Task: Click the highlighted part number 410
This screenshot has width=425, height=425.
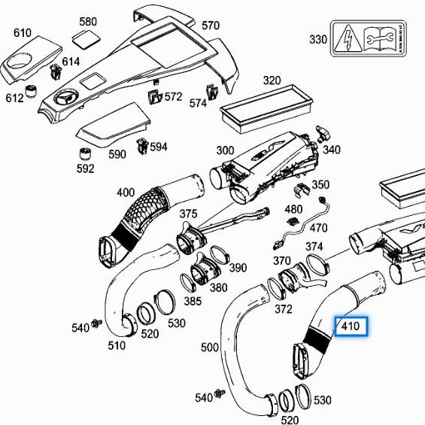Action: [x=351, y=327]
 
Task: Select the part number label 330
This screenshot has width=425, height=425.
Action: [x=319, y=39]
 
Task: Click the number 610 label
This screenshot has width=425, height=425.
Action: [x=23, y=32]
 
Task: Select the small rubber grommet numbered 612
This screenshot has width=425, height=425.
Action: [x=32, y=92]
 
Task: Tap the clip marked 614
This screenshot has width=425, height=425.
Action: [x=55, y=72]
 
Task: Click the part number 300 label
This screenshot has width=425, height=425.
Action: [x=225, y=150]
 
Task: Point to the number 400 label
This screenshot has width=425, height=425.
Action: [x=126, y=193]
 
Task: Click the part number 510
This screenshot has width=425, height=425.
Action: [x=116, y=346]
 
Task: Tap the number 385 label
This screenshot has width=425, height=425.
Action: [x=193, y=302]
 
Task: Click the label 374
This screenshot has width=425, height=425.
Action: [x=314, y=247]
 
